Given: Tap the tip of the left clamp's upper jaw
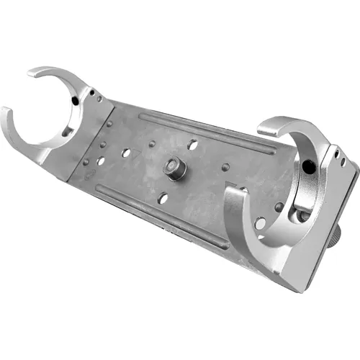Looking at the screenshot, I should [x=34, y=72].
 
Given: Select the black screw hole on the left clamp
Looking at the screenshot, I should [x=75, y=102].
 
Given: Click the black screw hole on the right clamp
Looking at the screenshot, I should [x=308, y=167].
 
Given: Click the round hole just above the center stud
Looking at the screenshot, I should [x=192, y=145].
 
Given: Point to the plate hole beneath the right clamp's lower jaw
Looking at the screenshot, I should [x=259, y=223].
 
